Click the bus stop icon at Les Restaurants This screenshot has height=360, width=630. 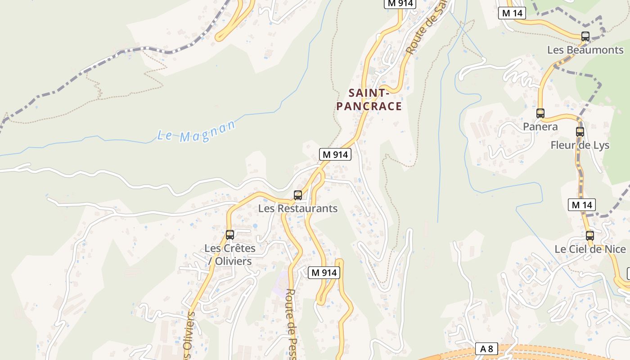point(297,195)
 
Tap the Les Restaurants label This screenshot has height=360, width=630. point(297,208)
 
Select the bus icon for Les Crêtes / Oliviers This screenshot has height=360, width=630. point(229,234)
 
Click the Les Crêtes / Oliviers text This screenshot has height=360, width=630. point(230,254)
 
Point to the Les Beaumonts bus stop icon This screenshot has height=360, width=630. point(585,36)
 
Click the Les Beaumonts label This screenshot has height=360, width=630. point(585,50)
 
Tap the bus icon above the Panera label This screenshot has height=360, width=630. point(540,113)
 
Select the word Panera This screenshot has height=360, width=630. point(540,127)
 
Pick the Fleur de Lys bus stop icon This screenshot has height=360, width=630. point(580,132)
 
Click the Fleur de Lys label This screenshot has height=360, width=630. point(580,145)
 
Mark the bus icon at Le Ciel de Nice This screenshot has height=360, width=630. point(589,235)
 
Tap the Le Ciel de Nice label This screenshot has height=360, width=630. point(589,249)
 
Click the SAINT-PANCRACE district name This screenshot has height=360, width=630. point(369,100)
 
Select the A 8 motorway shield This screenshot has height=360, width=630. point(486,349)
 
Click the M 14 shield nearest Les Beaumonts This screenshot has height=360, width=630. point(512,13)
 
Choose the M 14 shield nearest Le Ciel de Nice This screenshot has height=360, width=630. point(581,205)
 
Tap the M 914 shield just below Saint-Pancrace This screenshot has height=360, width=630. point(335,154)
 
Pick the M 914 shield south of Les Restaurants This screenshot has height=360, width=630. point(324,273)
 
